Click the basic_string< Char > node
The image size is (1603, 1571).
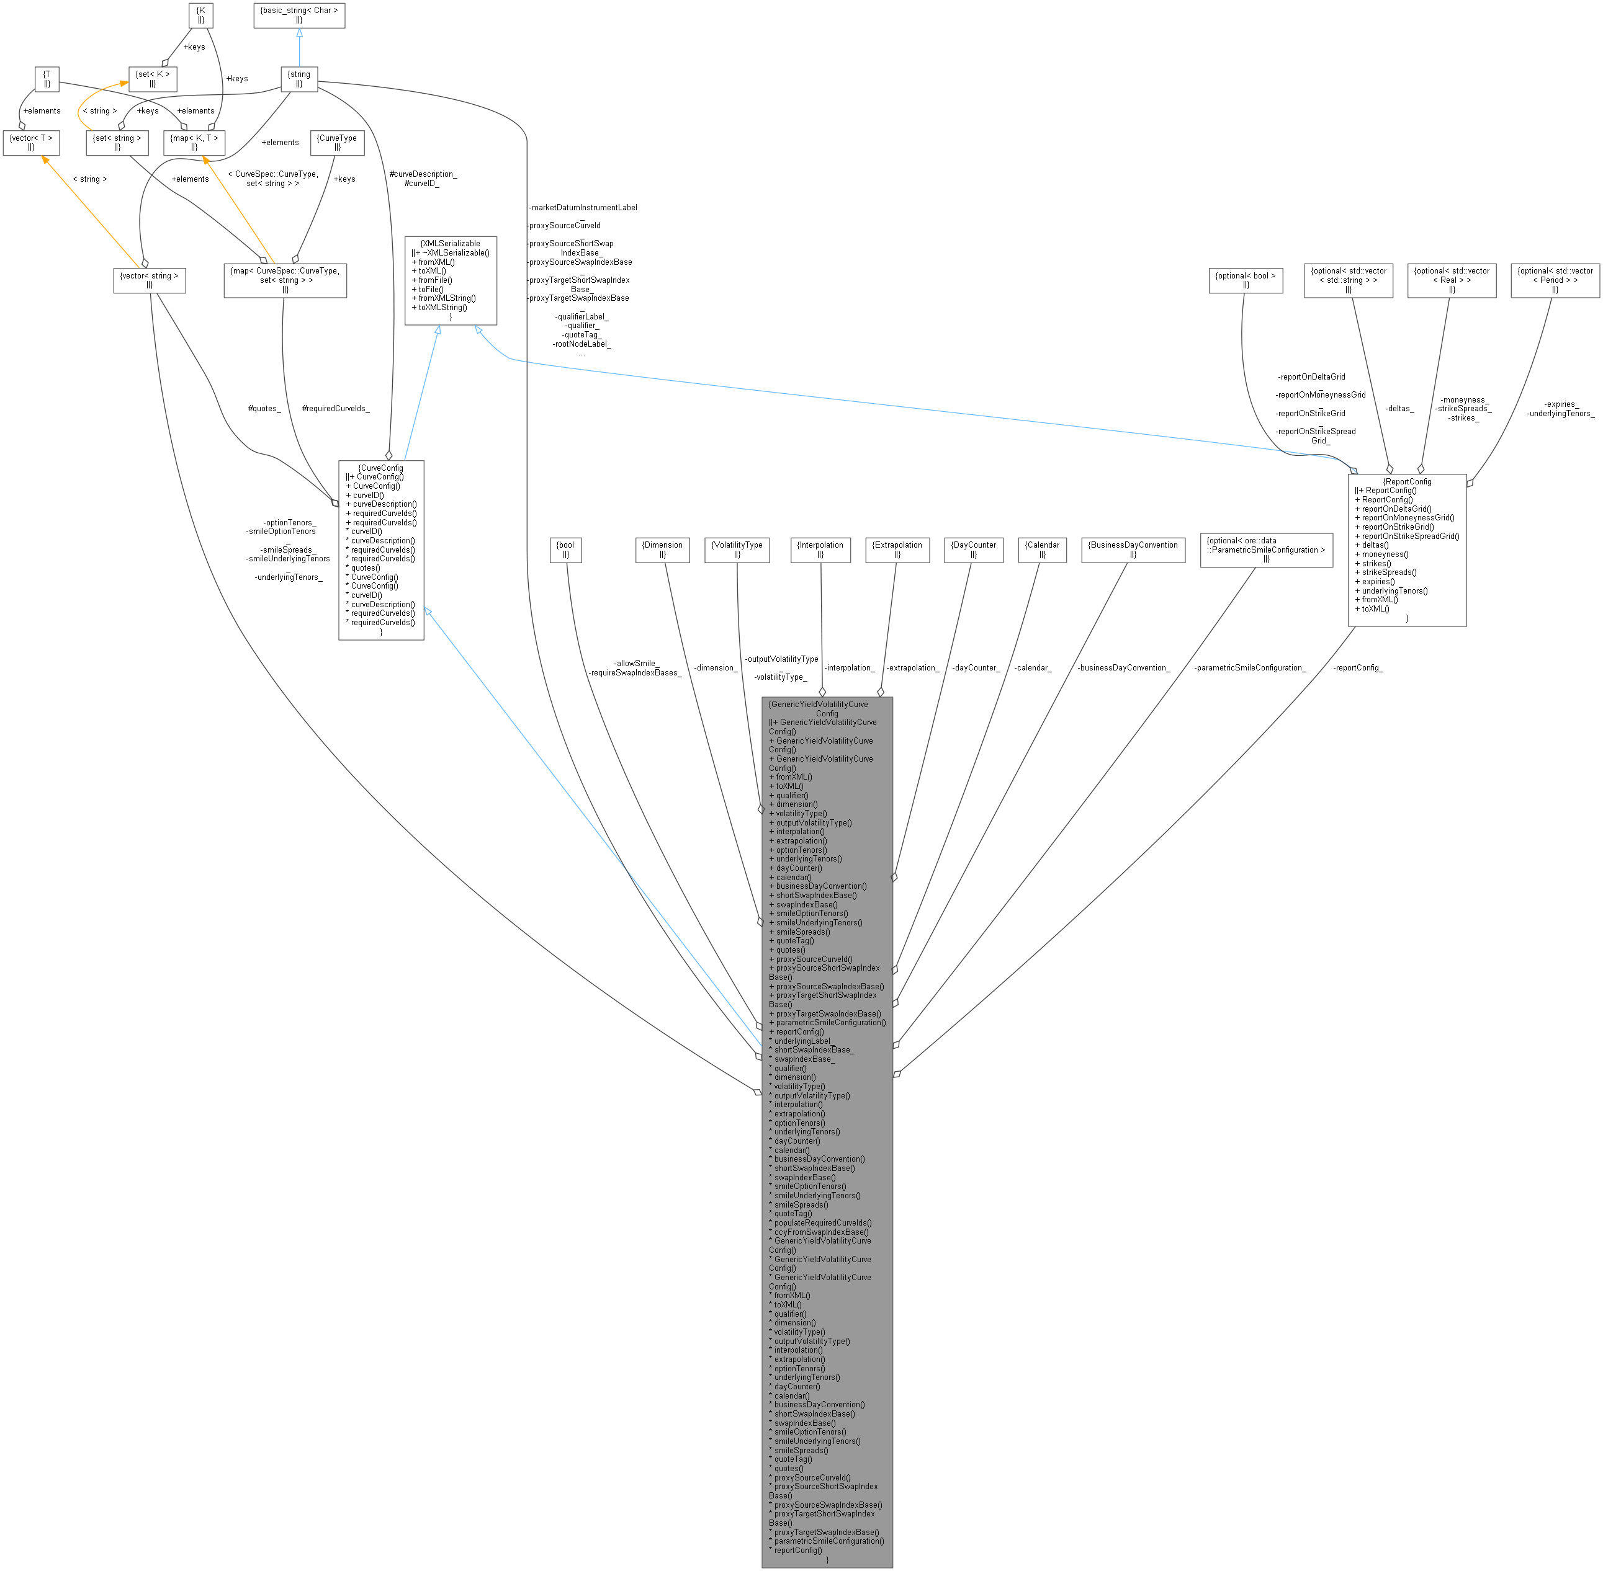coord(299,16)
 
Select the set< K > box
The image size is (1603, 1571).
coord(153,79)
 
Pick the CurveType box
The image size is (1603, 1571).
coord(337,143)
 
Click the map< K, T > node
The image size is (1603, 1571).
coord(194,143)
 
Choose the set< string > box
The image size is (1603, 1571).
coord(117,143)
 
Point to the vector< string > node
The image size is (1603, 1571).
coord(150,280)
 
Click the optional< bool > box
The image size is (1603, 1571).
coord(1246,280)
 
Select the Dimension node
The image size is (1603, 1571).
coord(662,550)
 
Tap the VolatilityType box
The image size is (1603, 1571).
coord(737,550)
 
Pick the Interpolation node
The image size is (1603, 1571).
coord(820,550)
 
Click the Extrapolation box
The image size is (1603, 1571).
coord(897,550)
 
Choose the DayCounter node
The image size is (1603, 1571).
coord(973,550)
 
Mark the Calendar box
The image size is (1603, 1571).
coord(1043,550)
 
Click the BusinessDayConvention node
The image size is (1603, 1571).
coord(1133,550)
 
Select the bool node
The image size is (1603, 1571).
coord(566,550)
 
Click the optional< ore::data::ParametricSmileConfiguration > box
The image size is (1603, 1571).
coord(1266,550)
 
